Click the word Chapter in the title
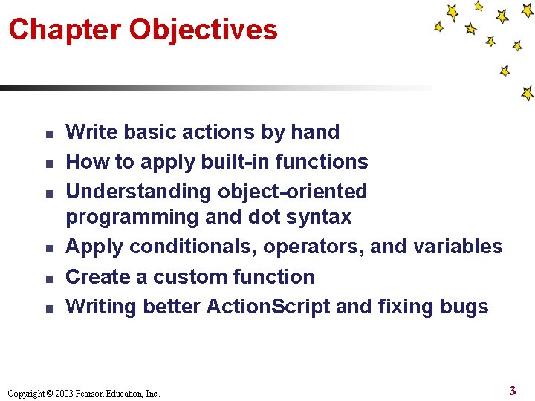coord(65,30)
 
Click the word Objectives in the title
coord(203,30)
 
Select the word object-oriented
coord(293,192)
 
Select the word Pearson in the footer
coord(89,394)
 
